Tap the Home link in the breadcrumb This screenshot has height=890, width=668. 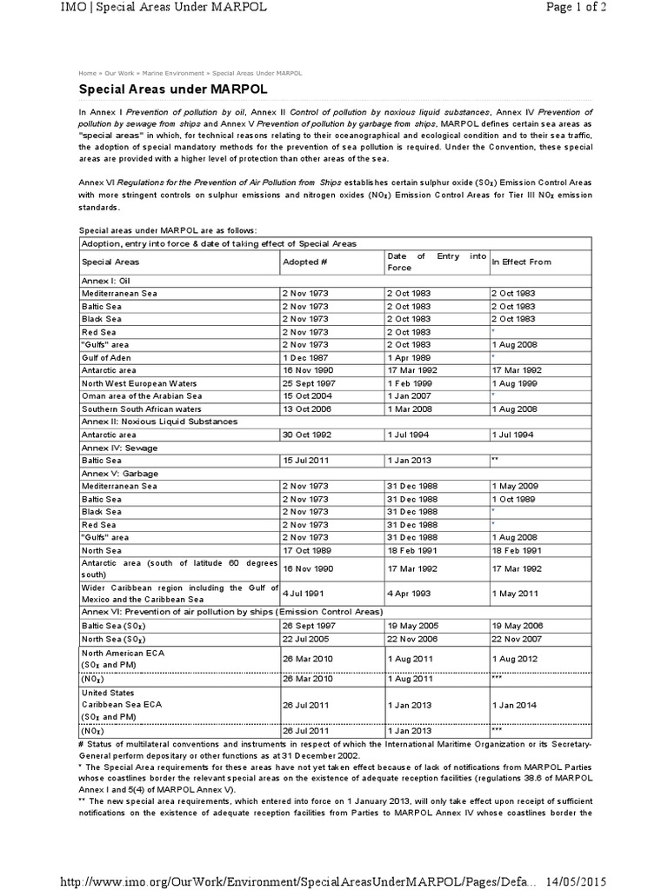point(87,73)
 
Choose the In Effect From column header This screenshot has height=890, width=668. point(521,262)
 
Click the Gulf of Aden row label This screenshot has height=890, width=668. point(108,357)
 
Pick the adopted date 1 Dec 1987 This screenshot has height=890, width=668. point(304,357)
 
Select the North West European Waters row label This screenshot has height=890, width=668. point(139,382)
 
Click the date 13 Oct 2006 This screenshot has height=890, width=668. point(306,408)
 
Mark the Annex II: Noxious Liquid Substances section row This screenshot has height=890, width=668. point(158,421)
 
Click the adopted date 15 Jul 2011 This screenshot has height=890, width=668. point(306,460)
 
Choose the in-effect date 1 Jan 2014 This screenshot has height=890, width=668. point(516,706)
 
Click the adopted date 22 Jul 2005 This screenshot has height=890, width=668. point(306,639)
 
